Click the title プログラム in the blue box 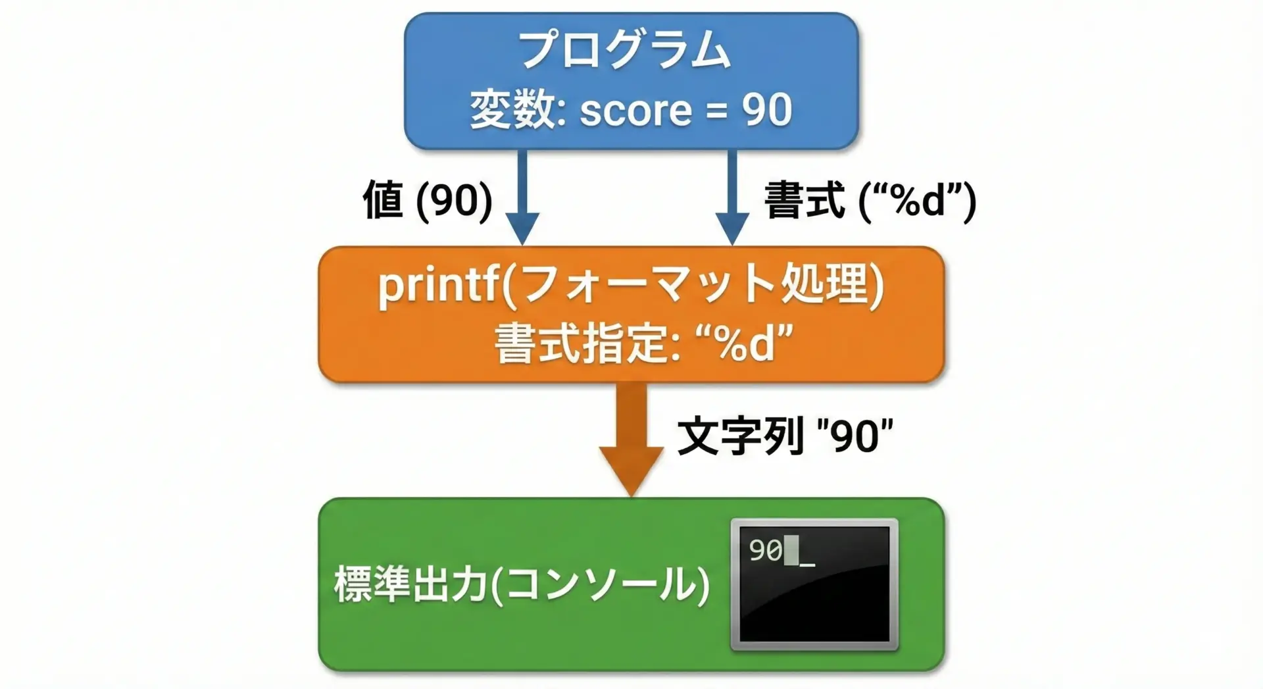tap(625, 50)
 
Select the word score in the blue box tap(635, 110)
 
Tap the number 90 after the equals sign tap(767, 109)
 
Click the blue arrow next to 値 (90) tap(522, 197)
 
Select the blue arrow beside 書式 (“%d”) tap(732, 197)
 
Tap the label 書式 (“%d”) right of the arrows tap(870, 200)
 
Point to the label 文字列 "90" tap(784, 435)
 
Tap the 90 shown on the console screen tap(766, 551)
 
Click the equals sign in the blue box tap(717, 111)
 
